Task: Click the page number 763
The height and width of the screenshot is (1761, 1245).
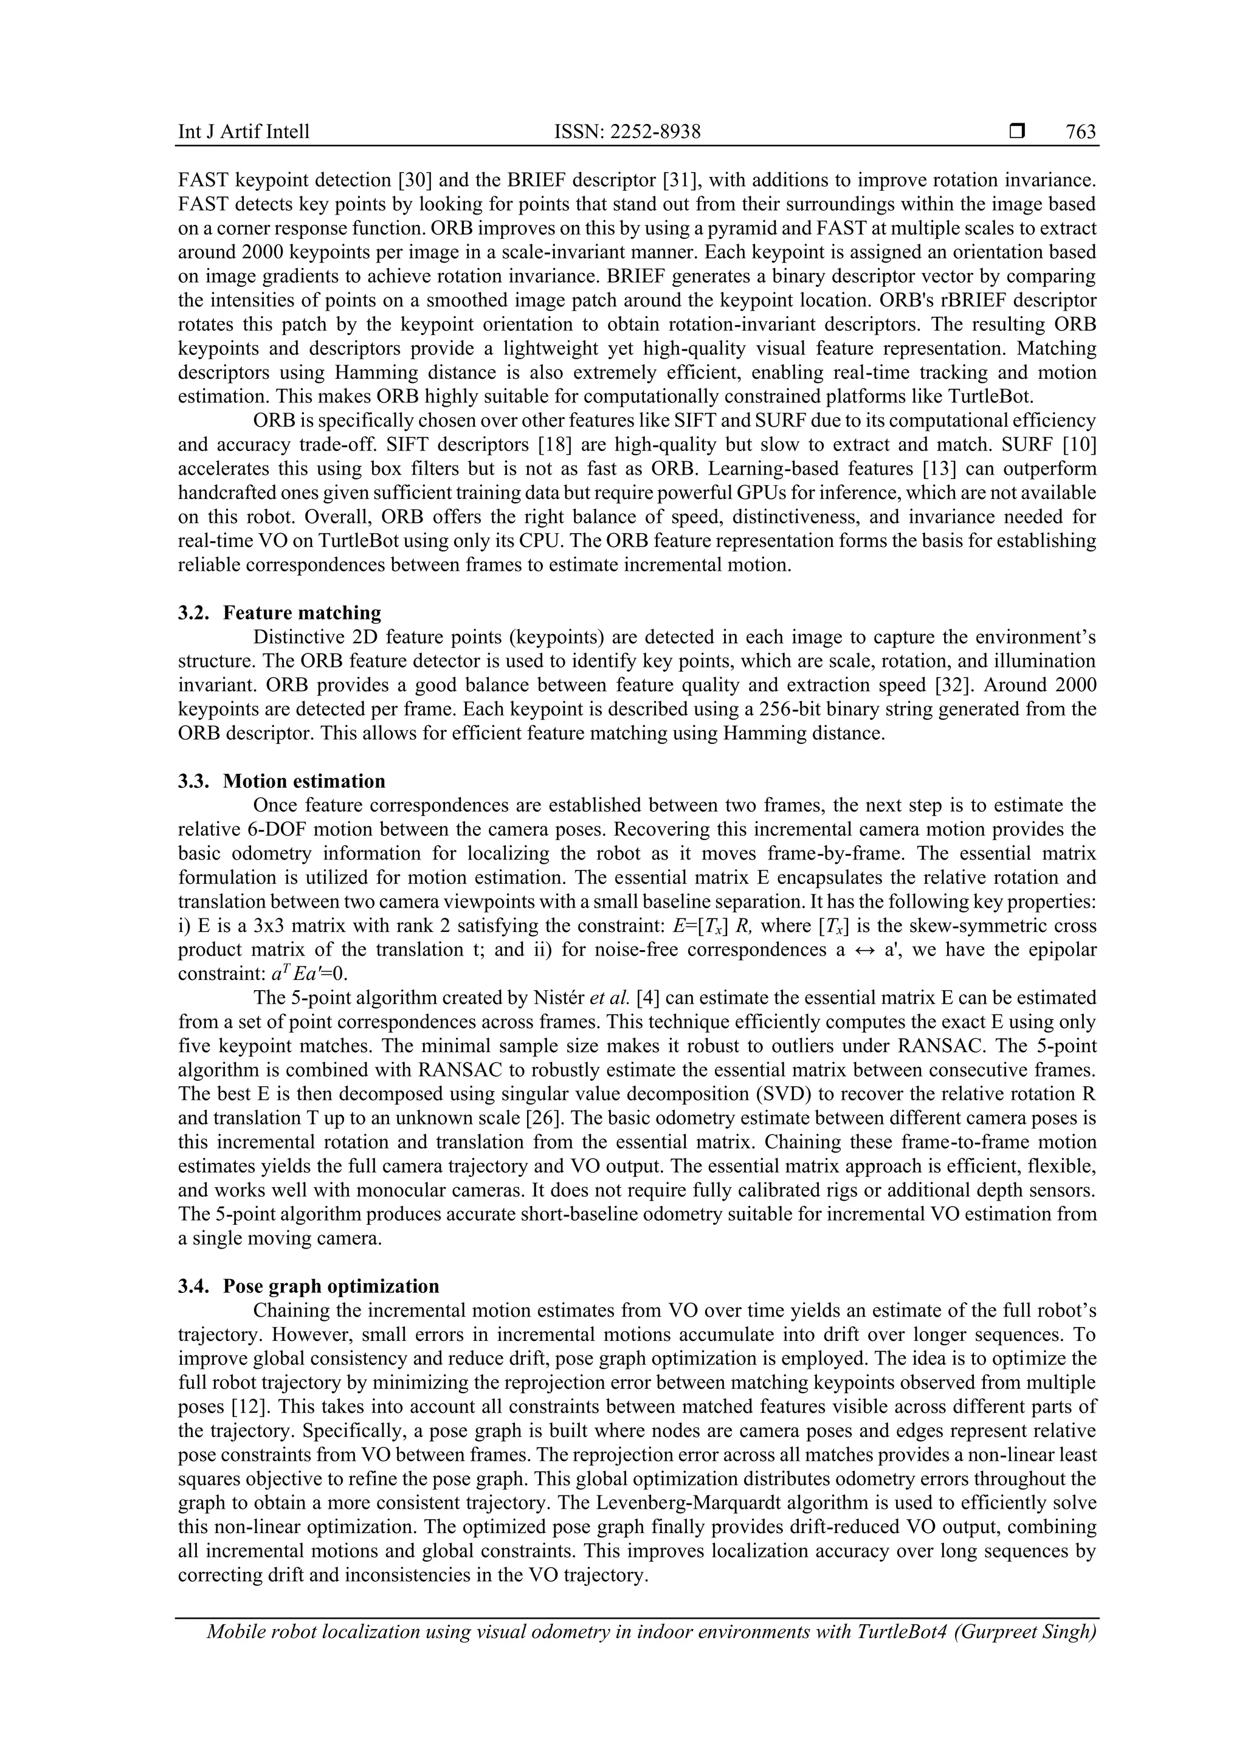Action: click(x=1080, y=132)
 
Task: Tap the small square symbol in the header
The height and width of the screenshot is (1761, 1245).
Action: click(x=1017, y=132)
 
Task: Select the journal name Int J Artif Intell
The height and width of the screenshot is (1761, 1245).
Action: click(x=244, y=132)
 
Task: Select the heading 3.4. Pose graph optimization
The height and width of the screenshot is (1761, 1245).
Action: click(x=308, y=1286)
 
